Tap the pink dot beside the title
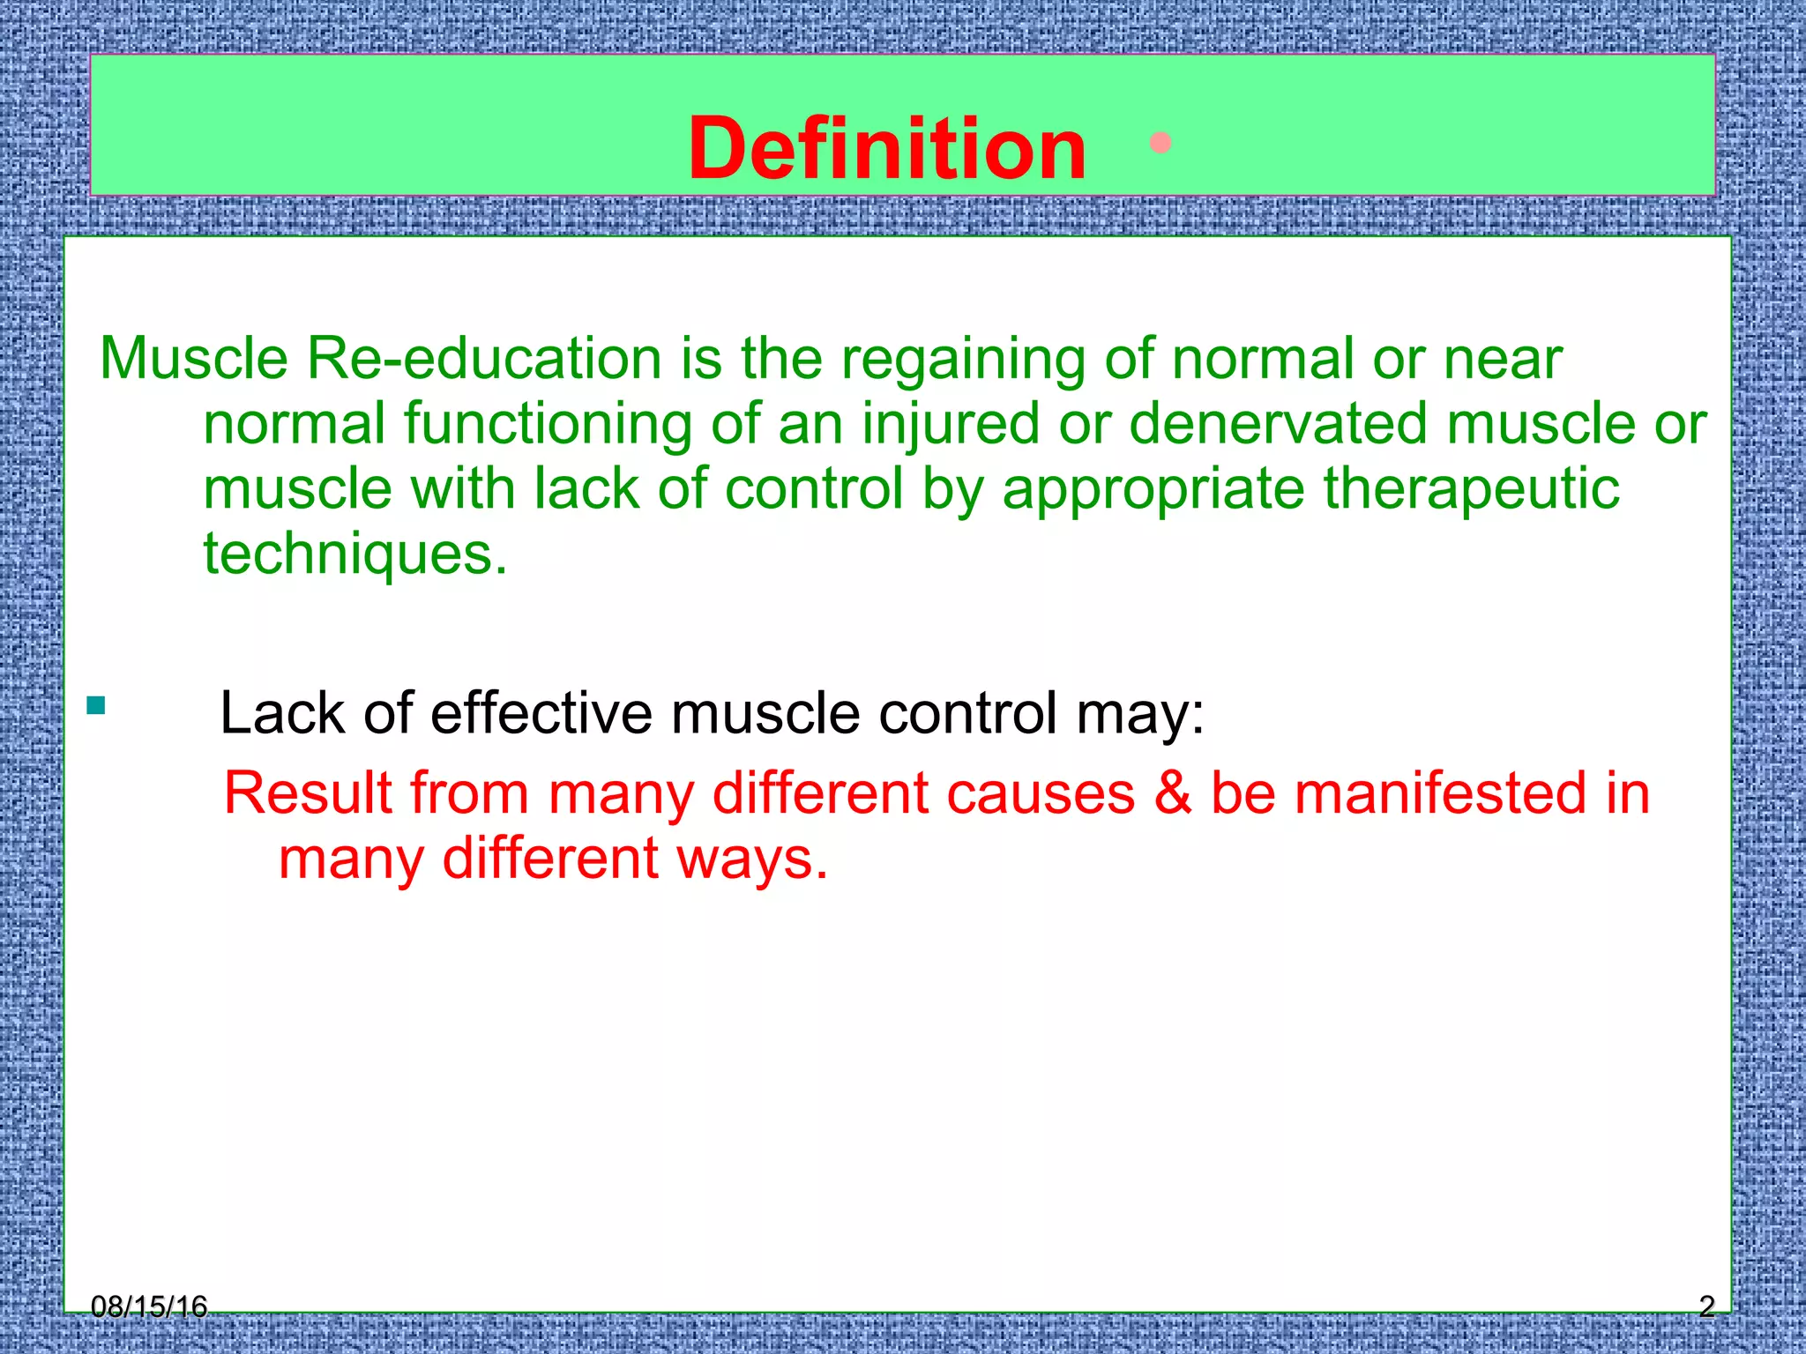1160,143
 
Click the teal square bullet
96,705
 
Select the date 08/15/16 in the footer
149,1306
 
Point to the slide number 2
1706,1306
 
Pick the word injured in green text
951,424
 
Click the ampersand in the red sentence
1173,792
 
